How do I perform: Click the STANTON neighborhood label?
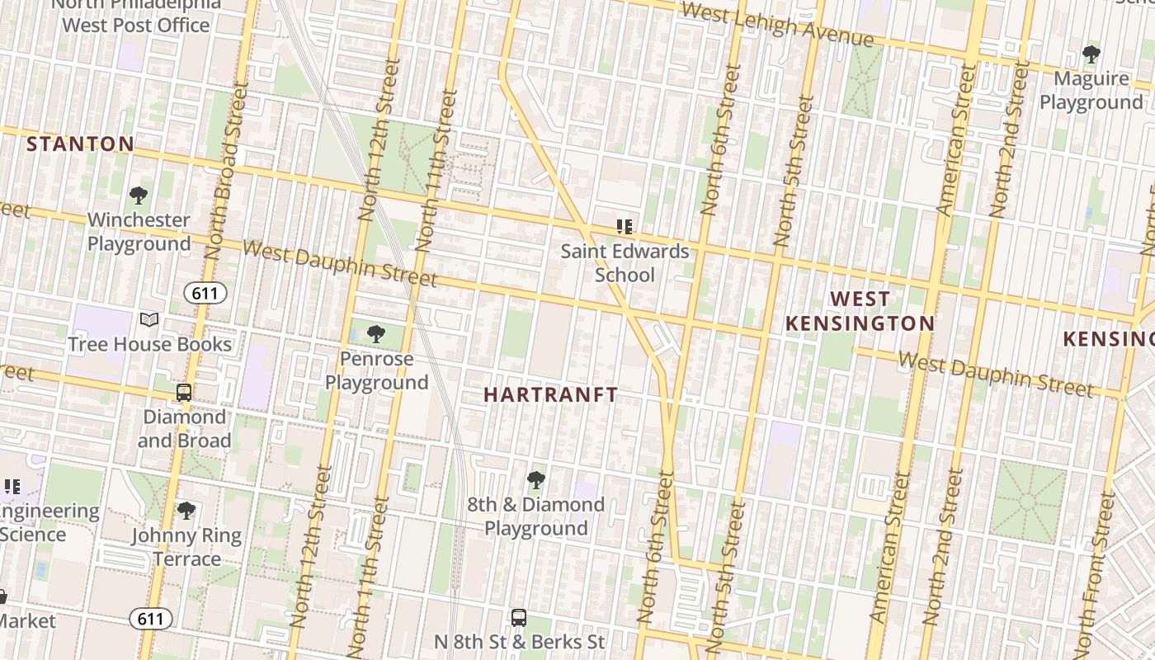pos(80,144)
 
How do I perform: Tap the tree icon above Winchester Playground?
pos(139,196)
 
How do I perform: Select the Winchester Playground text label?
pos(139,232)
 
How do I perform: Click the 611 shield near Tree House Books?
pos(205,293)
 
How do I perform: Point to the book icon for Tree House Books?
pos(149,320)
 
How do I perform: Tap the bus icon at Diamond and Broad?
pos(184,393)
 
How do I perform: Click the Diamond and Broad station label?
pos(184,428)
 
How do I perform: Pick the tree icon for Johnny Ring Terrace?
pos(186,511)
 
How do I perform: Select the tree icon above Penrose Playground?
pos(376,334)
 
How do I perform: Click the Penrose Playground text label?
pos(376,370)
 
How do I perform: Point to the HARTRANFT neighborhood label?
pos(550,395)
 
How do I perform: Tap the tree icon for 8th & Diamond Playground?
pos(536,479)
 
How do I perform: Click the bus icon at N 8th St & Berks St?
pos(519,617)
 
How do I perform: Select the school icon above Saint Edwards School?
pos(625,226)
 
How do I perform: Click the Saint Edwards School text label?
pos(625,262)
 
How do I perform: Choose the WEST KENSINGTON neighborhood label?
pos(860,311)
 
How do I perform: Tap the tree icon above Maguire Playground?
pos(1091,54)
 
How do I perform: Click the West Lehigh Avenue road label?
pos(777,24)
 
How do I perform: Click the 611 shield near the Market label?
pos(151,618)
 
